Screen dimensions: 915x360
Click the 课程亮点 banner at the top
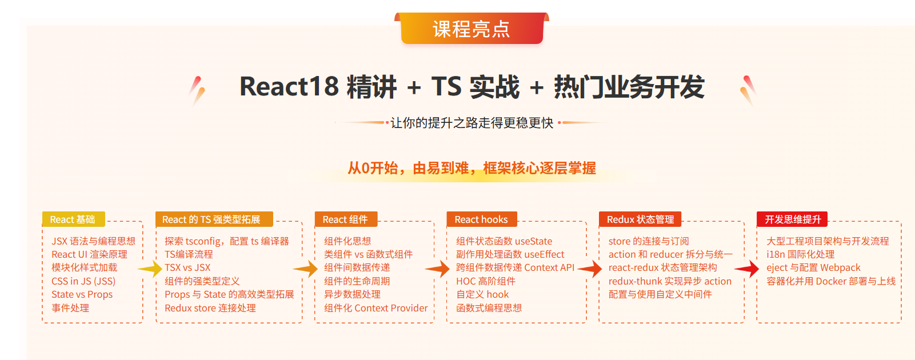[472, 29]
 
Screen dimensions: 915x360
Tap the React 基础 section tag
[74, 219]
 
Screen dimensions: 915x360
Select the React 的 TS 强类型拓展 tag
[214, 219]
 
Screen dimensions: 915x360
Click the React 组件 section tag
[346, 219]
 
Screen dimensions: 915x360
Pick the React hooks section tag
[482, 219]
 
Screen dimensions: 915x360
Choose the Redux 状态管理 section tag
[640, 219]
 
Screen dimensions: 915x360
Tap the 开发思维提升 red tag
[792, 219]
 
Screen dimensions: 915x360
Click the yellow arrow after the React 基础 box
[150, 269]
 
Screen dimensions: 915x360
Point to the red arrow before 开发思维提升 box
[747, 269]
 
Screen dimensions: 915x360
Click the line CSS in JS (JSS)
[83, 281]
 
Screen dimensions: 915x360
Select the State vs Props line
[82, 295]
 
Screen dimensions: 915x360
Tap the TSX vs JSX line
[187, 267]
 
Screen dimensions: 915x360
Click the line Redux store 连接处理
[210, 308]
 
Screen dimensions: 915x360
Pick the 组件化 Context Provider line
[376, 308]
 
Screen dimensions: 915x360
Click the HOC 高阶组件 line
[486, 281]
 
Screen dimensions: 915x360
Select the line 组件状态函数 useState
[504, 241]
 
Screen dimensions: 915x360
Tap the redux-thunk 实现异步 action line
[670, 281]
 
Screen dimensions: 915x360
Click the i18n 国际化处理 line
[800, 255]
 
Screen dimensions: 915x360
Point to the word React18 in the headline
[289, 87]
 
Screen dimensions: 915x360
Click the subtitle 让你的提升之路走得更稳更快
[472, 123]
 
